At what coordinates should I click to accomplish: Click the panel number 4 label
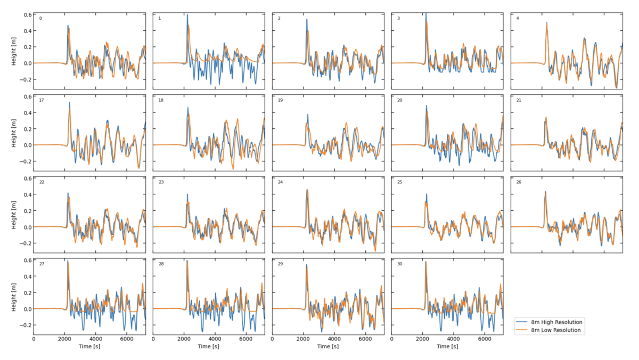(x=518, y=18)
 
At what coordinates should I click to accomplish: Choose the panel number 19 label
(x=280, y=100)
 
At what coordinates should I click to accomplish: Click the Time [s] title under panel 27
(x=89, y=347)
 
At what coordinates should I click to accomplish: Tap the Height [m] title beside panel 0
(x=14, y=51)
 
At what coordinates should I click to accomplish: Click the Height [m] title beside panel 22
(x=14, y=215)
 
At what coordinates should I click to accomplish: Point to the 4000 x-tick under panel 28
(x=215, y=338)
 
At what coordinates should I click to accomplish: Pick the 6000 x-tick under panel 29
(x=365, y=338)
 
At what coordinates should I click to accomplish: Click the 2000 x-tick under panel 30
(x=422, y=338)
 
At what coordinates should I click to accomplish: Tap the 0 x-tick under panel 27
(x=34, y=338)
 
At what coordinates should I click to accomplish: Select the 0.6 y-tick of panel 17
(x=26, y=96)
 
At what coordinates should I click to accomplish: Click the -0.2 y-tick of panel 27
(x=24, y=325)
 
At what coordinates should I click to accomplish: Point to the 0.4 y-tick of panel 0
(x=26, y=30)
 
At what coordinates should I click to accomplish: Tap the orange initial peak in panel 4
(x=546, y=23)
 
